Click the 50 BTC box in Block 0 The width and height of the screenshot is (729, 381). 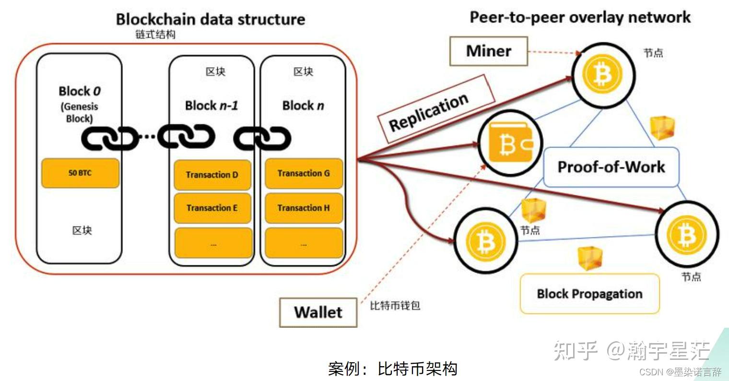point(80,173)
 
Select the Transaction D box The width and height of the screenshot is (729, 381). point(212,175)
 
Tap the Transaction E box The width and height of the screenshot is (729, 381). point(212,208)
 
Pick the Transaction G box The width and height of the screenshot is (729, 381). point(304,173)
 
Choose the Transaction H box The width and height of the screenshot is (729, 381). point(304,208)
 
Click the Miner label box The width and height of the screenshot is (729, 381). point(488,51)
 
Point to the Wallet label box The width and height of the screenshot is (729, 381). point(318,312)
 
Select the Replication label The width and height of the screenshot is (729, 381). point(429,112)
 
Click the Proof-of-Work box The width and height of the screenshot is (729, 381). point(611,167)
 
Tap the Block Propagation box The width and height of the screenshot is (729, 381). point(589,294)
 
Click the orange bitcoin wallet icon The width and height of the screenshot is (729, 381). point(510,143)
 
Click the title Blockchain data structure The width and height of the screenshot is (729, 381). point(211,19)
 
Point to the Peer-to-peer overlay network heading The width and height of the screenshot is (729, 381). point(580,17)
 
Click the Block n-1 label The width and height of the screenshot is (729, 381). point(212,106)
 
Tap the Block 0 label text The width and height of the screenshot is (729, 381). point(80,91)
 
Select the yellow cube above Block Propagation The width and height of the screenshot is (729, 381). point(589,258)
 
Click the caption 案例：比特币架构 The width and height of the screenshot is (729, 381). point(392,369)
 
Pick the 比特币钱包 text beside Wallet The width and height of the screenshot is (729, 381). point(395,306)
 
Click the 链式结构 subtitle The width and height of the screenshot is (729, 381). point(155,35)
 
